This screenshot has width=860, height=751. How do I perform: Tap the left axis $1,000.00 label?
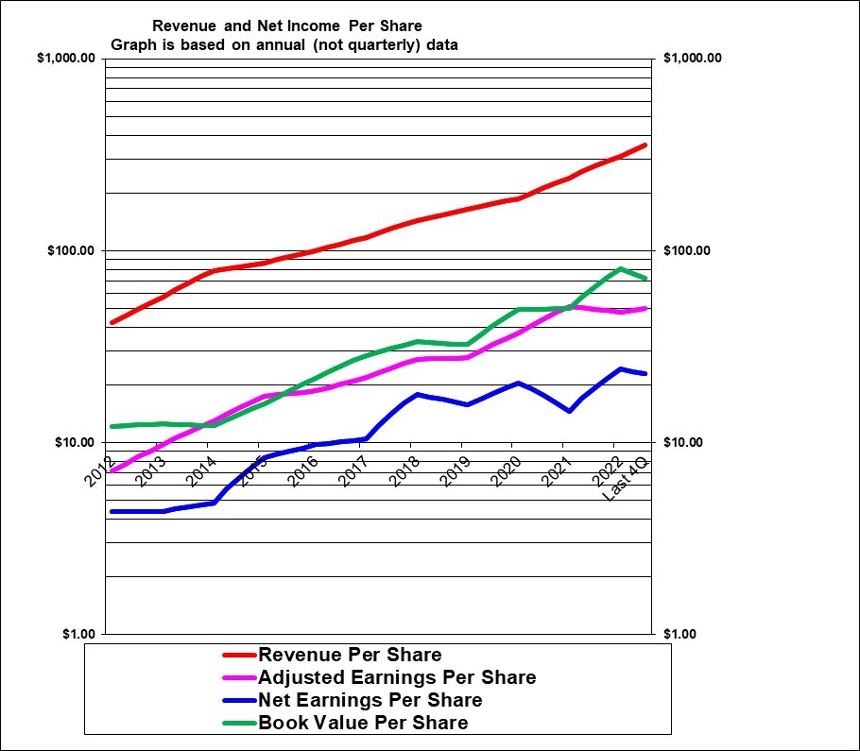(66, 59)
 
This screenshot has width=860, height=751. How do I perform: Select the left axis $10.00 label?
(74, 443)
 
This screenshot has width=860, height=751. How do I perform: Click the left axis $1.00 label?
(77, 634)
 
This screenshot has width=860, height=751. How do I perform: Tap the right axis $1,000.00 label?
(693, 59)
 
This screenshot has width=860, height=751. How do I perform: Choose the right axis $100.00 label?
(689, 251)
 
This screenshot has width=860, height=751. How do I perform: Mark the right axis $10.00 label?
(685, 443)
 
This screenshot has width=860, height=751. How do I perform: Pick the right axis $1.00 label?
(681, 634)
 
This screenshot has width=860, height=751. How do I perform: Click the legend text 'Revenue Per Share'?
(350, 655)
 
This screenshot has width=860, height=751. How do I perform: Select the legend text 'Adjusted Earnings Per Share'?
(397, 677)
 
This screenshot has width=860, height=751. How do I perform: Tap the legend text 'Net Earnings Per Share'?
(370, 700)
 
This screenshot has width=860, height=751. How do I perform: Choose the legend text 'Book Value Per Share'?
(363, 723)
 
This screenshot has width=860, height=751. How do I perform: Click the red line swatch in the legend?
(238, 655)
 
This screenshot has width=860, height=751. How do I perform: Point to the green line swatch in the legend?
(238, 724)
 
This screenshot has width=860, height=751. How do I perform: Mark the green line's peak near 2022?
(621, 269)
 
